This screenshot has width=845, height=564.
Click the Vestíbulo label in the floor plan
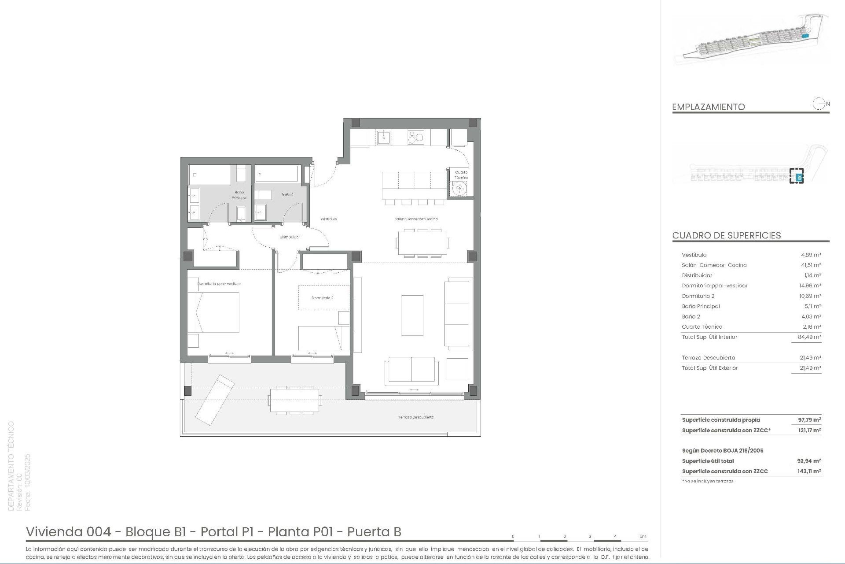click(328, 219)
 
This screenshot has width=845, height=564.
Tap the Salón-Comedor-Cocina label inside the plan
click(415, 219)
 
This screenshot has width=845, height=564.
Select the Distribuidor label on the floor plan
click(290, 237)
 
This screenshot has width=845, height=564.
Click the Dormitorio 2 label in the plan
click(322, 298)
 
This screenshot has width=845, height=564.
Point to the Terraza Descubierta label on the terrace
click(416, 417)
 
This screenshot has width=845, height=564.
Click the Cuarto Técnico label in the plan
click(461, 175)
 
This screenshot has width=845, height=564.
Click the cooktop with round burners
click(416, 137)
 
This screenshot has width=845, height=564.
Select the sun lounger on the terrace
click(215, 400)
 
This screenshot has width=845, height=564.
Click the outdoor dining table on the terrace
click(294, 400)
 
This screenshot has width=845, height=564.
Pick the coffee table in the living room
click(412, 315)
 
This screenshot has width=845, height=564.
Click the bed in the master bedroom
click(214, 312)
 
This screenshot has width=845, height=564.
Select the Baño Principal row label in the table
click(701, 306)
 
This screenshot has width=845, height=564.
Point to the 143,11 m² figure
click(809, 471)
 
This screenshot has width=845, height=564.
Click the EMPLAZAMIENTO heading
click(708, 107)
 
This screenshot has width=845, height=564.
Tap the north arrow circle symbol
click(819, 104)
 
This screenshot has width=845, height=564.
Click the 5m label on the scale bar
click(643, 536)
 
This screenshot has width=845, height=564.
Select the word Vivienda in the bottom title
click(55, 532)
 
